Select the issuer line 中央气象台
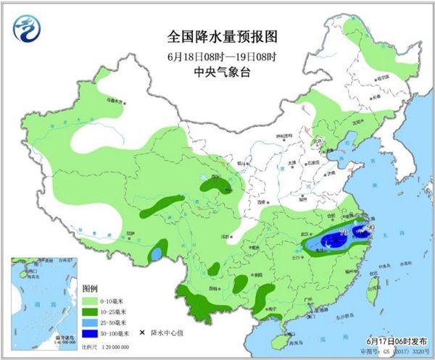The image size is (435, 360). click(x=217, y=72)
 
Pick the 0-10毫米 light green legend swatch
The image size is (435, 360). click(x=93, y=299)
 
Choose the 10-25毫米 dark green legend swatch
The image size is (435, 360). click(x=93, y=311)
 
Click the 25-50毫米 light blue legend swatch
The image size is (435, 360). click(x=93, y=323)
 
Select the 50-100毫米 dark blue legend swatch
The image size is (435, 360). click(x=93, y=335)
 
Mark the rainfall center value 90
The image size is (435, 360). click(x=372, y=228)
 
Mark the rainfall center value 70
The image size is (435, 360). click(x=344, y=232)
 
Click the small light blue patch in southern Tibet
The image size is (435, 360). click(x=157, y=255)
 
